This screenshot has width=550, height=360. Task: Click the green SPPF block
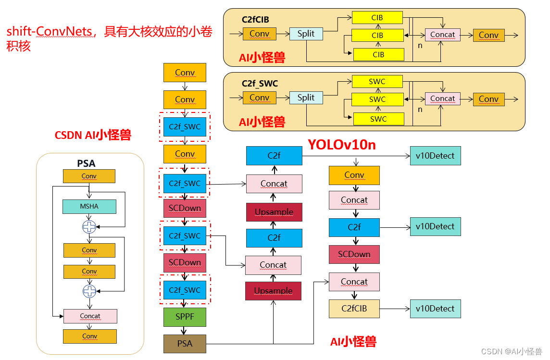[x=185, y=317]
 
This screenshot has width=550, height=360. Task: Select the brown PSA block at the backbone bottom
[x=185, y=344]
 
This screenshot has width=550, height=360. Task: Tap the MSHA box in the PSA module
[x=89, y=206]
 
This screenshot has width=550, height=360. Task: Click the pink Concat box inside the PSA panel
[x=90, y=316]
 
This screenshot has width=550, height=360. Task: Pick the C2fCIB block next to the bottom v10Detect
[x=354, y=309]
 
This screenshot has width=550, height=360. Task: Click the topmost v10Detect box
[x=435, y=156]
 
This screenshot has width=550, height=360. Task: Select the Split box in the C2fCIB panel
[x=306, y=34]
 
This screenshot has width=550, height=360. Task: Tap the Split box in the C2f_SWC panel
[x=306, y=98]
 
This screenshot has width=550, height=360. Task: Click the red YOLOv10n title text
[x=342, y=144]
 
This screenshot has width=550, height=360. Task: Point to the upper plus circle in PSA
[x=89, y=227]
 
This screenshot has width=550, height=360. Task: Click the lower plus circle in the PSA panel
[x=89, y=291]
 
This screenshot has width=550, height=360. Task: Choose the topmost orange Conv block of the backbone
[x=185, y=73]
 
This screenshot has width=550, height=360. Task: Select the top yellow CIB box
[x=377, y=18]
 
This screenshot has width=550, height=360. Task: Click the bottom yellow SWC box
[x=378, y=119]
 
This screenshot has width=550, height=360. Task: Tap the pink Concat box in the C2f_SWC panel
[x=442, y=99]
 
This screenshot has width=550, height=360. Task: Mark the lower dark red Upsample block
[x=273, y=291]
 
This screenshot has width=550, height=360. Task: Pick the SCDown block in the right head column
[x=354, y=254]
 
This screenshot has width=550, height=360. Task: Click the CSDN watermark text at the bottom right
[x=512, y=351]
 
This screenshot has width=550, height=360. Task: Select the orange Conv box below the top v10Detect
[x=354, y=175]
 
